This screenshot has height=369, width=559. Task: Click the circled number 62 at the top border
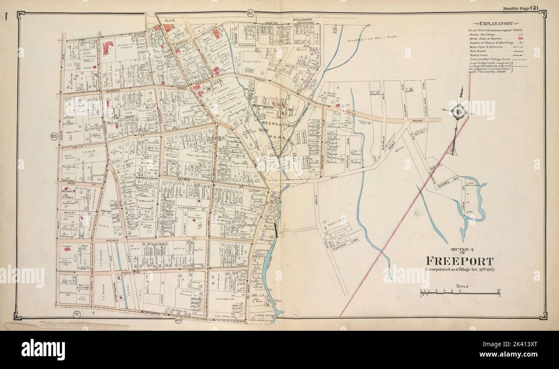[x=250, y=14]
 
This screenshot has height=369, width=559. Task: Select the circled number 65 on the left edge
[x=54, y=137]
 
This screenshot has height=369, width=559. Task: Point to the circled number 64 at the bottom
[x=178, y=320]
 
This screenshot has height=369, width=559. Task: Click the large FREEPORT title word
[x=459, y=261]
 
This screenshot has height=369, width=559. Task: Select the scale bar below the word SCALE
[x=460, y=293]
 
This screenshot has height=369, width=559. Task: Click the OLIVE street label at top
[x=170, y=20]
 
